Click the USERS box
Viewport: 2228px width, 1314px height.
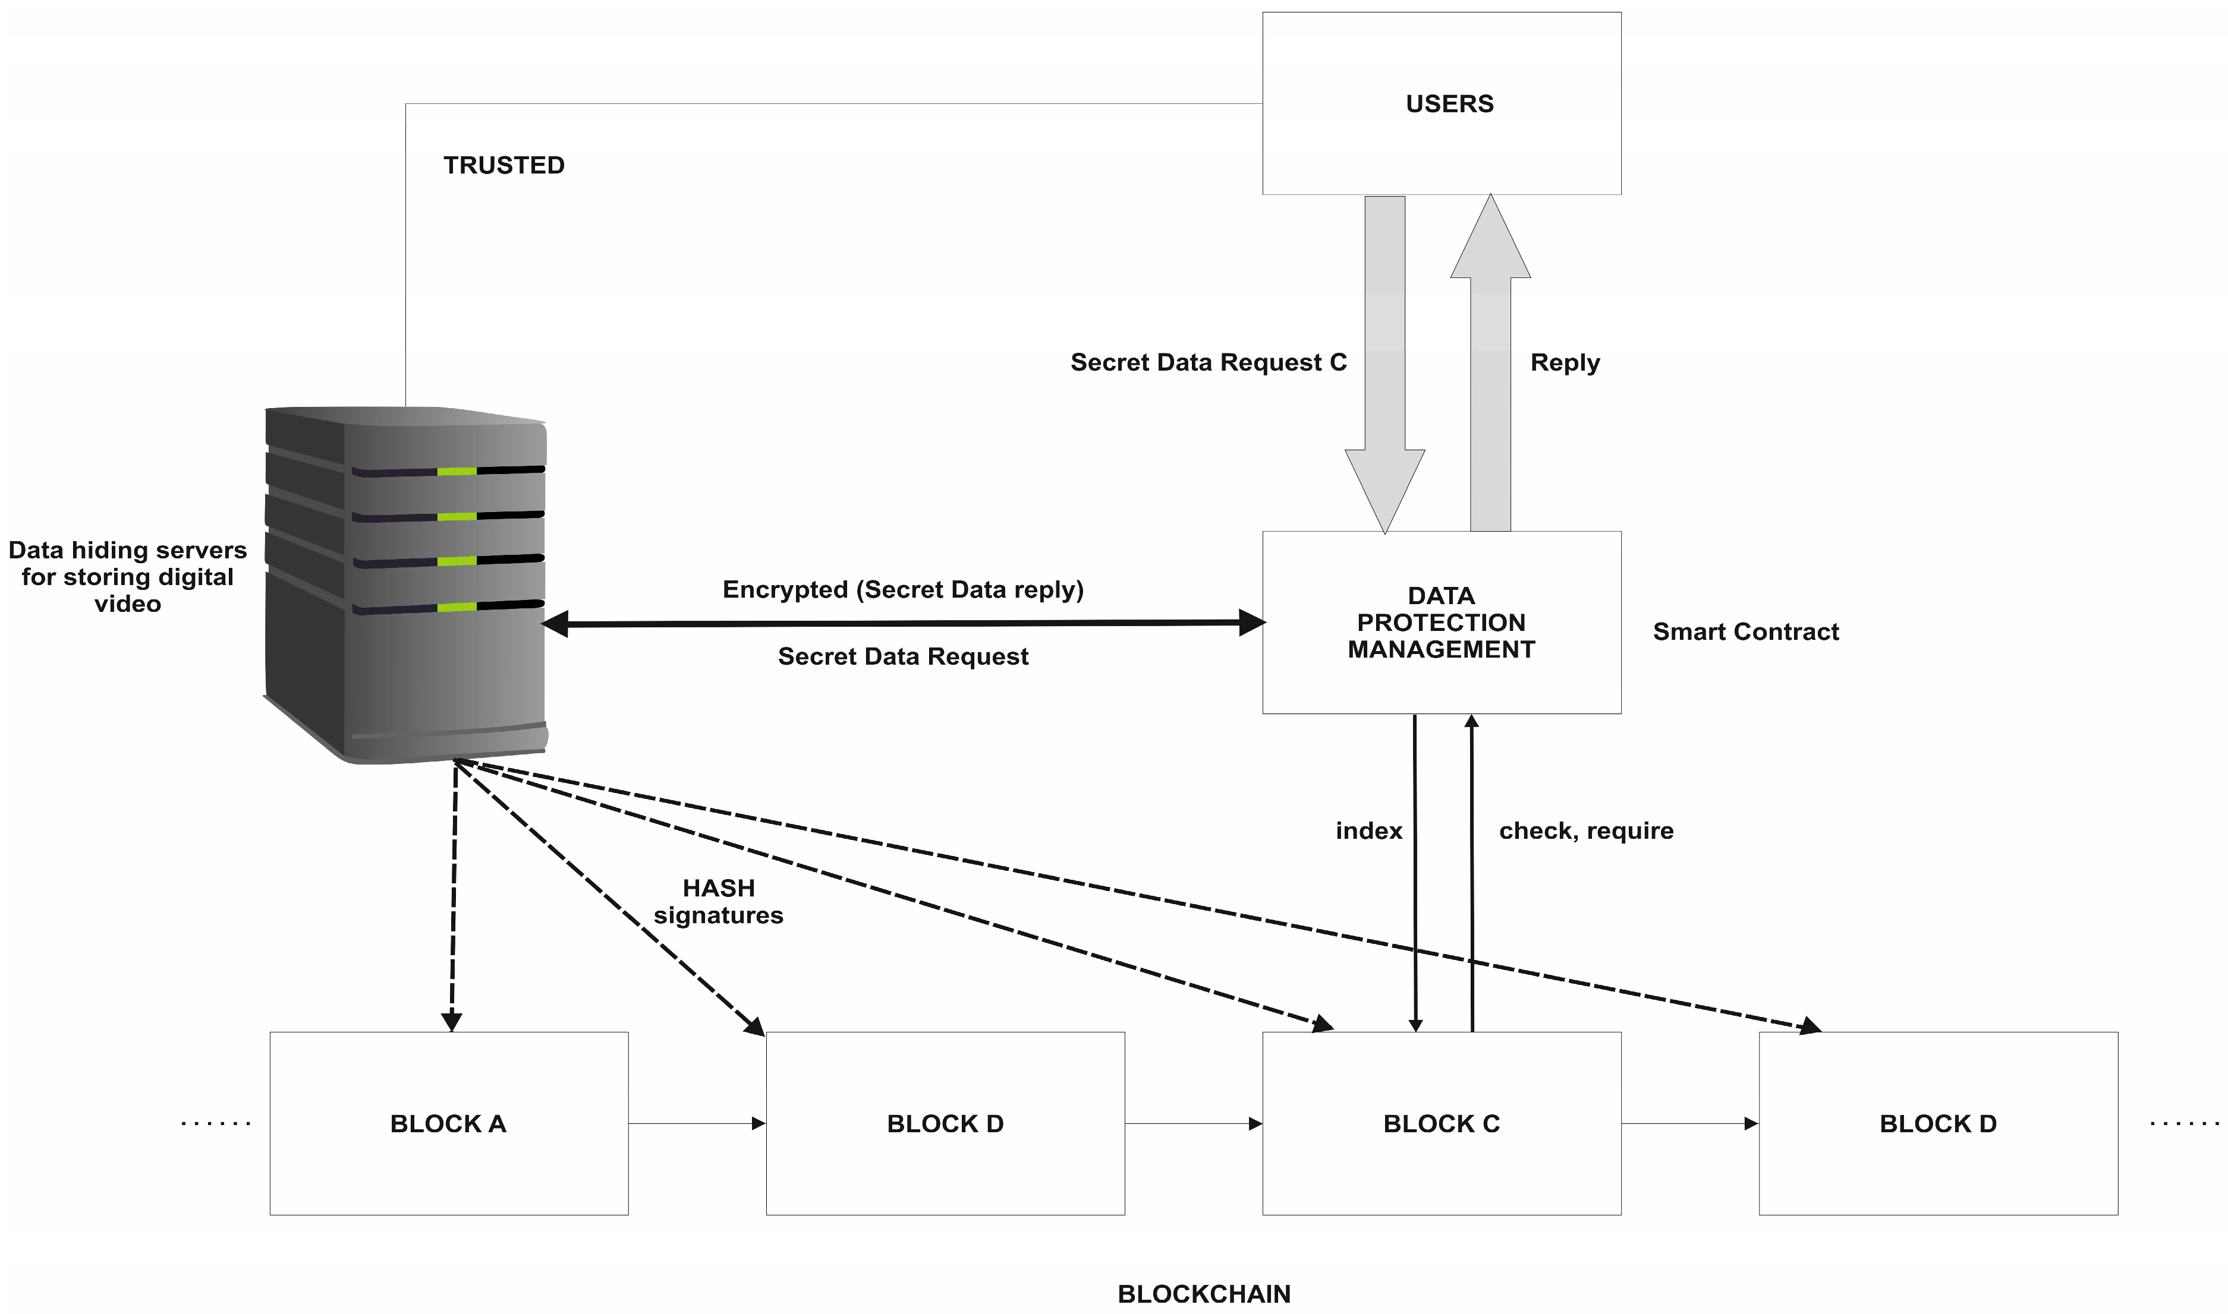(x=1442, y=103)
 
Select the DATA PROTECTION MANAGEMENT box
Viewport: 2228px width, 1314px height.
(x=1442, y=623)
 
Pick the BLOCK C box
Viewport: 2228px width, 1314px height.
(x=1442, y=1124)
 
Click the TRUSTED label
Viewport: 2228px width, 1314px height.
(x=504, y=166)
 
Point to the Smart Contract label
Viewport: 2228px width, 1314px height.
(x=1745, y=632)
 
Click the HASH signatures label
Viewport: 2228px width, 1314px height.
(x=719, y=901)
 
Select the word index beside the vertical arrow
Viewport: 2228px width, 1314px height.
(x=1368, y=832)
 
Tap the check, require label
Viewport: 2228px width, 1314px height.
(x=1586, y=832)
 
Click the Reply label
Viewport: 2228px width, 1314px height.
(x=1565, y=363)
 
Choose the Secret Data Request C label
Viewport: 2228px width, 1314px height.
(x=1209, y=363)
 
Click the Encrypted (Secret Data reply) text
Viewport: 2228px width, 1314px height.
(x=903, y=590)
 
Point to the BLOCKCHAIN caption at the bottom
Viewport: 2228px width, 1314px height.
(x=1204, y=1294)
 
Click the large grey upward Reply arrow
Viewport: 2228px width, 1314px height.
(x=1490, y=372)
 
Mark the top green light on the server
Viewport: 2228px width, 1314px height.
(x=457, y=471)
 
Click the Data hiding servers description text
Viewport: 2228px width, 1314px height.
(x=128, y=577)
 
